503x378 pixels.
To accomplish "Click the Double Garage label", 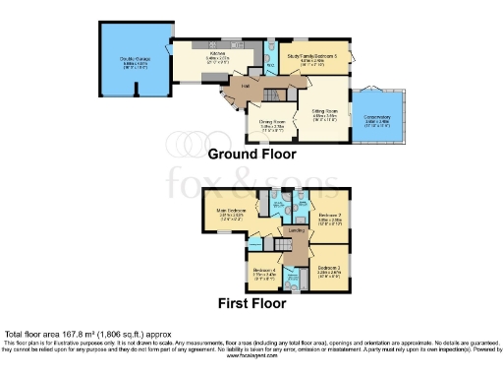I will [x=134, y=60].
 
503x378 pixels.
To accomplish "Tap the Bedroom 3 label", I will [x=328, y=267].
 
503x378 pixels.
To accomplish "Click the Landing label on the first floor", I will [x=294, y=231].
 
